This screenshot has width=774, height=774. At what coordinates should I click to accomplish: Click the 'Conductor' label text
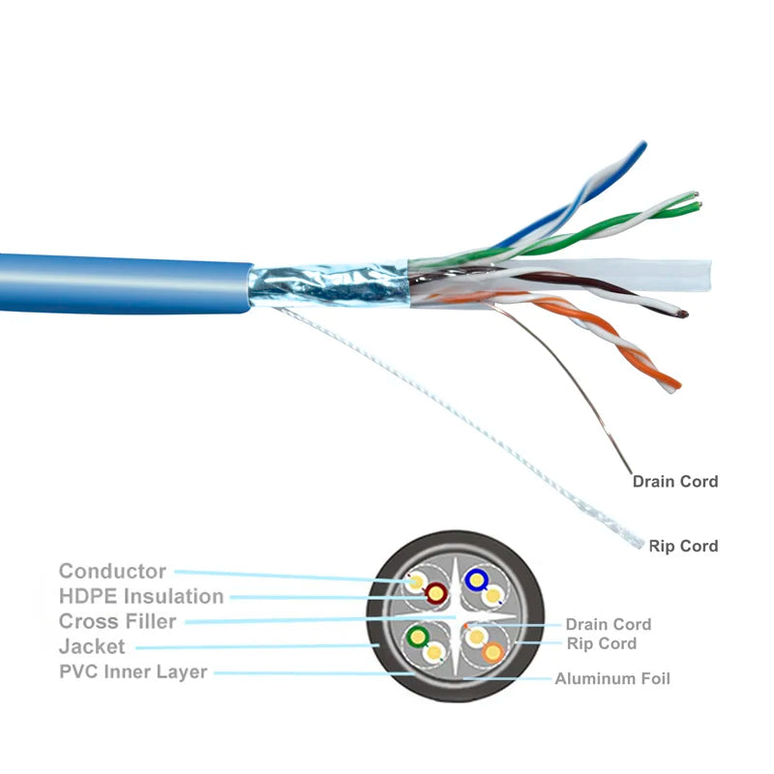click(x=112, y=572)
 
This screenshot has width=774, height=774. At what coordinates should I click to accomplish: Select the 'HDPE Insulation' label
click(x=141, y=597)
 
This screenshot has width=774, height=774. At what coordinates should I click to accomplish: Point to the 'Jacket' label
click(x=91, y=646)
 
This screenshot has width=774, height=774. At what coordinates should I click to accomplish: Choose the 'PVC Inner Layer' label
click(x=133, y=671)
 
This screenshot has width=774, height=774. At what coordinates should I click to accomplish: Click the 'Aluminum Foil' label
click(x=611, y=679)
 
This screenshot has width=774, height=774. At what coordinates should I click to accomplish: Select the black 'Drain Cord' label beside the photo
click(x=674, y=481)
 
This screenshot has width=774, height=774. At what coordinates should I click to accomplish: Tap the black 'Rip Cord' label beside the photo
click(x=683, y=547)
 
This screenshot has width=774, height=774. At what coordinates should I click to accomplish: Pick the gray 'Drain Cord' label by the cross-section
click(x=608, y=625)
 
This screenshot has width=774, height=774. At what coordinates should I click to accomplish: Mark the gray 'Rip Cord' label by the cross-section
click(x=601, y=643)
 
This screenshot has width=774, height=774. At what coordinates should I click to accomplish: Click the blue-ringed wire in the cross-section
click(x=475, y=580)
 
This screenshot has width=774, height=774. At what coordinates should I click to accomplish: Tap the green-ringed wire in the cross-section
click(x=418, y=636)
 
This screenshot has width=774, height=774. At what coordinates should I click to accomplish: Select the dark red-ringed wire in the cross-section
click(x=436, y=592)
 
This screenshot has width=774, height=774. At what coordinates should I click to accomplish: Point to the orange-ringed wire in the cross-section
click(x=493, y=651)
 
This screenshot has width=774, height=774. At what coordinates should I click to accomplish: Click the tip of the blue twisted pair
click(x=640, y=147)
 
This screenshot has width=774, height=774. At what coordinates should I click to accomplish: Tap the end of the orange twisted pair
click(x=673, y=384)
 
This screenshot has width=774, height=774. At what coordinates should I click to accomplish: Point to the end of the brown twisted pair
click(x=683, y=313)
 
